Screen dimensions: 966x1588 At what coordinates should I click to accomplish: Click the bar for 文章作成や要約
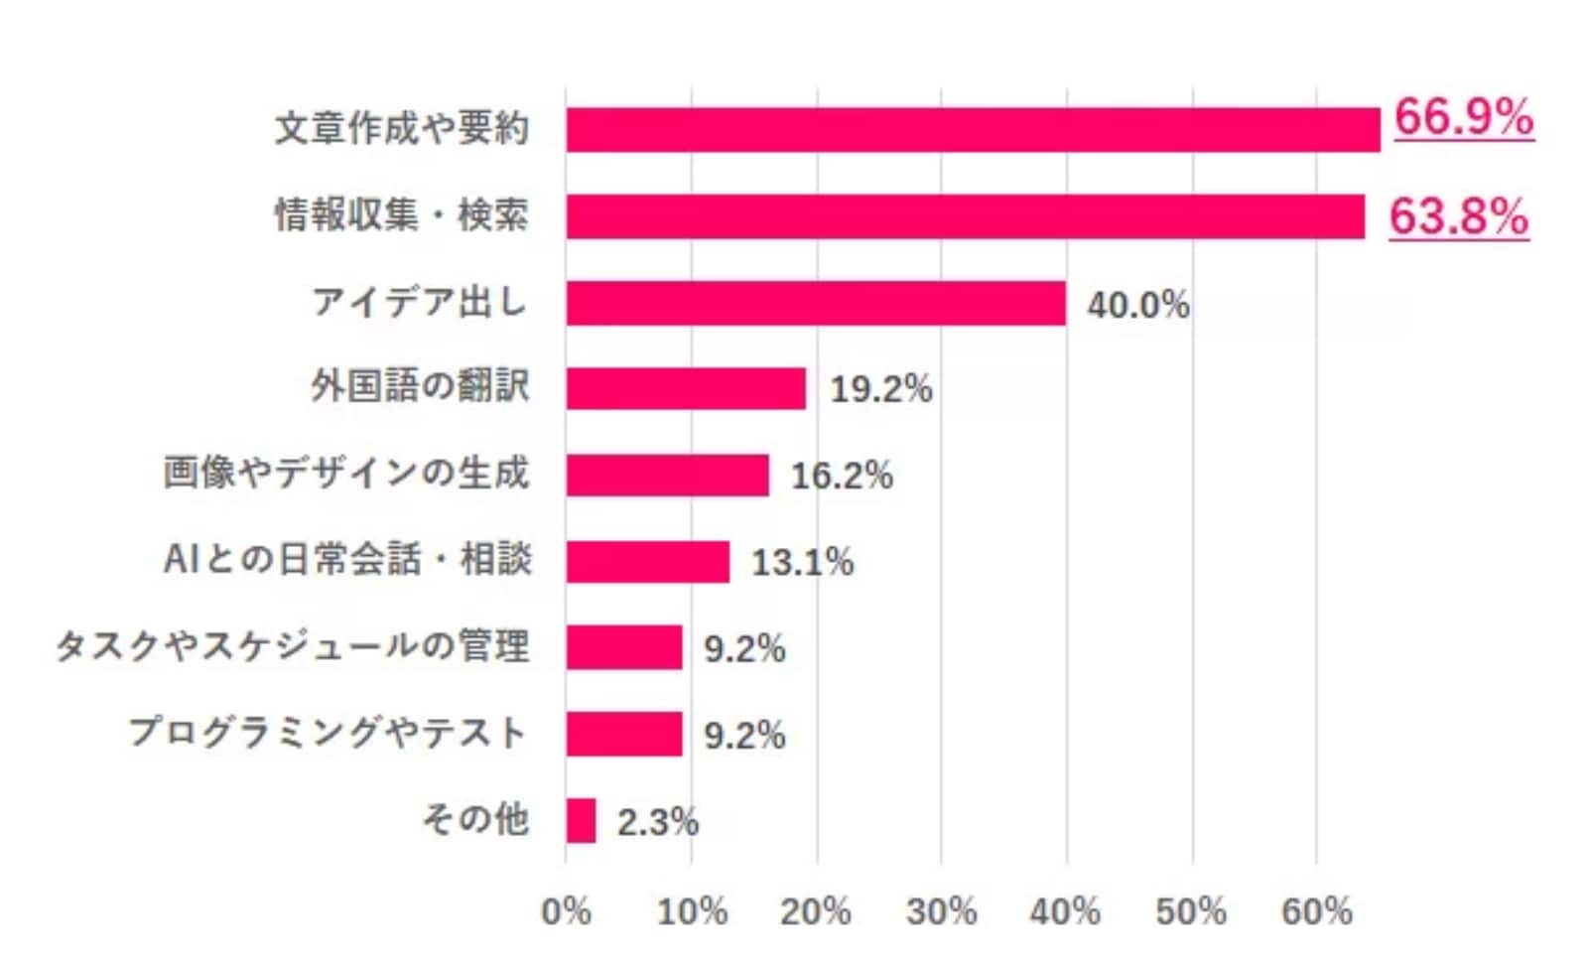pos(973,130)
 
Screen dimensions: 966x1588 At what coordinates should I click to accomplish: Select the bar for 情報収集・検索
pos(965,216)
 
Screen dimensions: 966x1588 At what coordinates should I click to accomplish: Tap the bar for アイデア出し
pos(816,303)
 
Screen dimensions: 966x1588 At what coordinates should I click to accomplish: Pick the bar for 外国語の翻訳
pos(686,388)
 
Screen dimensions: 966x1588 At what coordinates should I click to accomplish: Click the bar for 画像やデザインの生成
pos(667,475)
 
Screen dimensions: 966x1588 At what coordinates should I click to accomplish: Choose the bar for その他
pos(581,821)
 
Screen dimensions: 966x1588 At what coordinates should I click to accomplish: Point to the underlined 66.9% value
pos(1463,118)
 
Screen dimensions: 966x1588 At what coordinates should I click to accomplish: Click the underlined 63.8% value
pos(1458,216)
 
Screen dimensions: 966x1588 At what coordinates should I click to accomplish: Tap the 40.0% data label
pos(1137,305)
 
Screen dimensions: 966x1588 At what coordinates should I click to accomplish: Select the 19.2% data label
pos(880,389)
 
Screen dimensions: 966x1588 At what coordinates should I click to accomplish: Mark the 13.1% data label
pos(802,563)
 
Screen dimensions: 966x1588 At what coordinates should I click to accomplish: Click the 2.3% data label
pos(657,822)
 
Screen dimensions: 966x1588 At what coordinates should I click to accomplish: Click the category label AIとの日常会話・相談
pos(347,560)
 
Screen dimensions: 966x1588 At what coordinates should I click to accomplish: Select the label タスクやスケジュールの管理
pos(293,646)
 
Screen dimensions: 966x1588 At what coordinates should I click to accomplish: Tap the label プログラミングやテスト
pos(329,734)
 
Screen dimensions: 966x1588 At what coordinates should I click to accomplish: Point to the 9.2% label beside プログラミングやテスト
pos(744,736)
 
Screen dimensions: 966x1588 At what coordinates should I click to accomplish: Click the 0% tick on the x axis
pos(566,911)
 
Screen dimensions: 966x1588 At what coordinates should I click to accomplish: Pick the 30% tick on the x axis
pos(941,911)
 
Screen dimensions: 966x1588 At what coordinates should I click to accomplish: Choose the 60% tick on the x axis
pos(1316,911)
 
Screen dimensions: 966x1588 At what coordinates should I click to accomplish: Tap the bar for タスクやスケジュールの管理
pos(624,647)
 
